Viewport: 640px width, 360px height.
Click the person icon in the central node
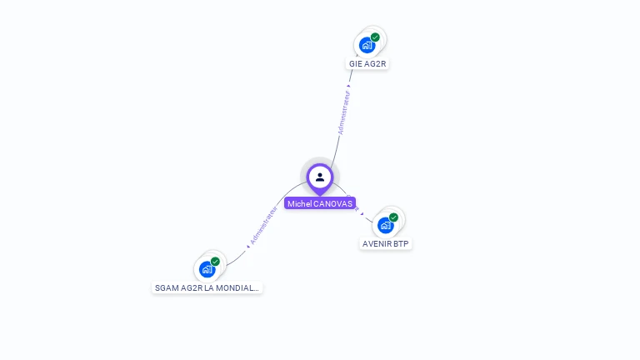click(319, 177)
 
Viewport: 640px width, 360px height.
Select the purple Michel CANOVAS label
click(320, 203)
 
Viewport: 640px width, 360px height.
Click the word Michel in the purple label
click(299, 203)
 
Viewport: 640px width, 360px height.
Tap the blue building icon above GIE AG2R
click(366, 46)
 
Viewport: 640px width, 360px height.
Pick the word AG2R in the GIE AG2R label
click(374, 63)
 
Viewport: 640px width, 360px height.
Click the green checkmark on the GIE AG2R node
click(375, 37)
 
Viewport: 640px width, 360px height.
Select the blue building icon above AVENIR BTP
click(385, 225)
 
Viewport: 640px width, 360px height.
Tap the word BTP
click(402, 244)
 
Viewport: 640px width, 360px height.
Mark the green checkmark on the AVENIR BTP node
click(393, 217)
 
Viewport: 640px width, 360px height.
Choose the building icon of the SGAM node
click(207, 269)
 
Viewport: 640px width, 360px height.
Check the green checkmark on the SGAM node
click(215, 262)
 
